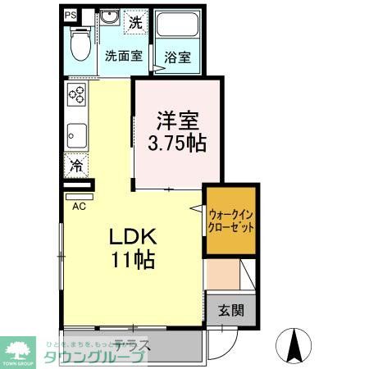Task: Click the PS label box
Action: [71, 15]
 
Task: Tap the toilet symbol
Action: [80, 45]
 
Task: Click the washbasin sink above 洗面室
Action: [109, 19]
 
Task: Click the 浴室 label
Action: [177, 57]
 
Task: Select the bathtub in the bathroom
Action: [178, 29]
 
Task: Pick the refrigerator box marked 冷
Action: [76, 166]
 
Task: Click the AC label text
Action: [79, 206]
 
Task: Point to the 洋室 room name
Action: [177, 121]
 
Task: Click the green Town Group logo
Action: [17, 349]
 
